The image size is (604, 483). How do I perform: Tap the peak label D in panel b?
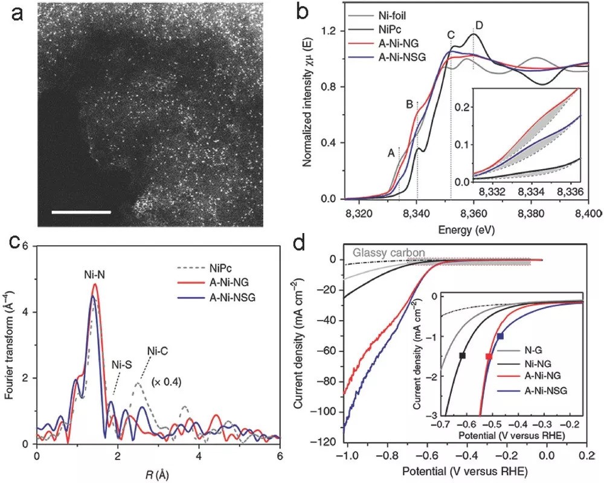pos(479,25)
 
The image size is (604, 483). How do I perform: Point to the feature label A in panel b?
pos(391,153)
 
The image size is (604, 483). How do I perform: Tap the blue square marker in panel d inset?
pos(500,336)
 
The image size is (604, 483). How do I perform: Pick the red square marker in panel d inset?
pos(489,357)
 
